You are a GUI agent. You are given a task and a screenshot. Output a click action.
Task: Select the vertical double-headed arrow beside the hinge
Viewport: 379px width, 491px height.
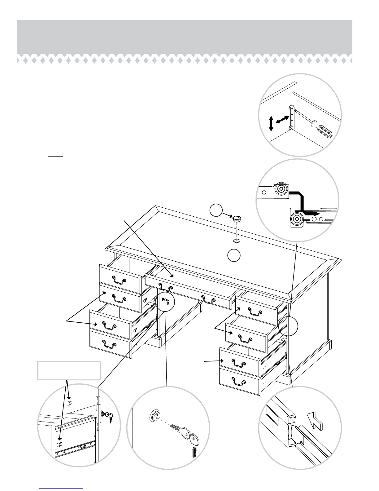[x=271, y=123]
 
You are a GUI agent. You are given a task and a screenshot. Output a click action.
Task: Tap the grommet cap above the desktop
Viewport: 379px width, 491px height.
[x=237, y=219]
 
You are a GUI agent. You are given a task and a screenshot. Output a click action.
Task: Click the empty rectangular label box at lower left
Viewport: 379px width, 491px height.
[x=69, y=370]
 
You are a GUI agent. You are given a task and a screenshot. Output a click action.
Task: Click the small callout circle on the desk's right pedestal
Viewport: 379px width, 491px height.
[x=288, y=326]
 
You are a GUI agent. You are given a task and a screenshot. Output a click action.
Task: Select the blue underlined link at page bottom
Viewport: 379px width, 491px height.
[x=62, y=488]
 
